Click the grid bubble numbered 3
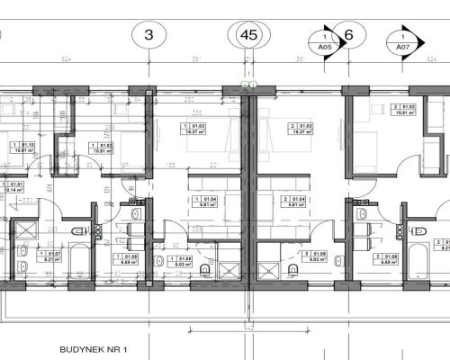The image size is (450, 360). pyautogui.click(x=149, y=38)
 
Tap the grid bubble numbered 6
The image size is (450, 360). pyautogui.click(x=349, y=38)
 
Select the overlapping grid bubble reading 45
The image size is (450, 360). pyautogui.click(x=249, y=36)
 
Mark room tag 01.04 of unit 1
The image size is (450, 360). pyautogui.click(x=206, y=202)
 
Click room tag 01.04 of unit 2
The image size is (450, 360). pyautogui.click(x=290, y=202)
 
